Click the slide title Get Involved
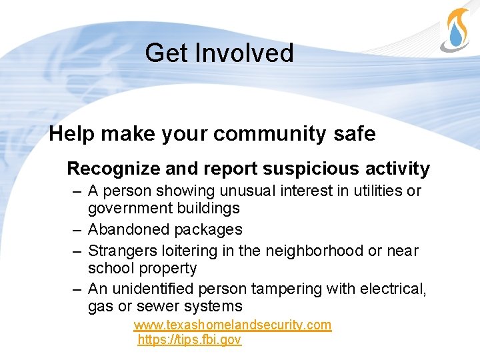pos(219,53)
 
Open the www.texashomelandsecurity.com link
pos(232,325)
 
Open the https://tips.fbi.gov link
pos(189,340)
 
